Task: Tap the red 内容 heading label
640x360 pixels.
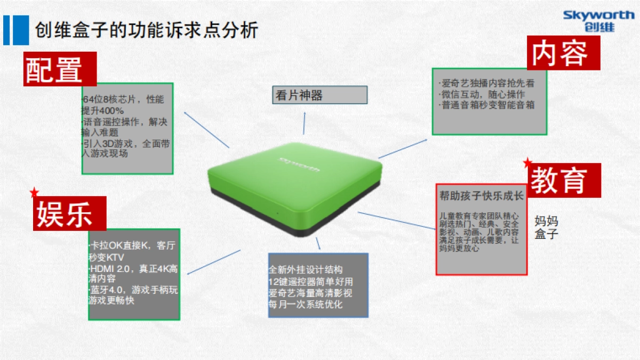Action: pos(563,53)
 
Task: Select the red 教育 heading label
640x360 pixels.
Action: pos(564,180)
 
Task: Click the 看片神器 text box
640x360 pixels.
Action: pos(319,95)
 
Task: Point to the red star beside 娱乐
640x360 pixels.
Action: pos(35,191)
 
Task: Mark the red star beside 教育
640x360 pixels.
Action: pos(527,162)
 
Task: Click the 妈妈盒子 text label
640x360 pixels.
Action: pos(546,228)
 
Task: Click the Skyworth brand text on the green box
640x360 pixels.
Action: pos(300,163)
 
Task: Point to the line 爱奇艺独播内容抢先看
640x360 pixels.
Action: pos(487,84)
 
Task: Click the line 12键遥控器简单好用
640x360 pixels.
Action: pos(310,282)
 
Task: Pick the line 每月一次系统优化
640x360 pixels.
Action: pos(306,305)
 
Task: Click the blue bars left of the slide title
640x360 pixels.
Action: pos(15,30)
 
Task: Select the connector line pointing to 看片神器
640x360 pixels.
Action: pos(305,123)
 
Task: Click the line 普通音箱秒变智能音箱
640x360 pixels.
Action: pos(487,105)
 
